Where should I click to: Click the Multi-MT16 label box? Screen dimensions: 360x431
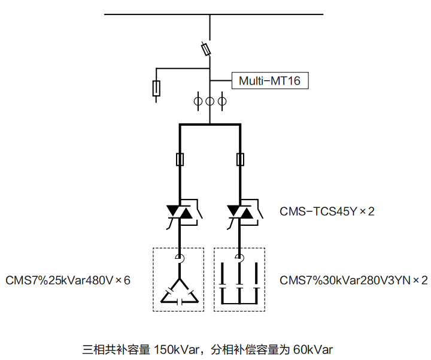[270, 80]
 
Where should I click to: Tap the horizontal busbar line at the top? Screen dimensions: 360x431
[214, 14]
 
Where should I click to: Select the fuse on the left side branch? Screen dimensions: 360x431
[157, 88]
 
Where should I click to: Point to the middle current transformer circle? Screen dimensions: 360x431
[210, 101]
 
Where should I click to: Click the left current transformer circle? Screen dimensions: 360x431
[198, 101]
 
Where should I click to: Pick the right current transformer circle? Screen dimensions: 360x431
[222, 101]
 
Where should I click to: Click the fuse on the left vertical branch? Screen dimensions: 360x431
[180, 159]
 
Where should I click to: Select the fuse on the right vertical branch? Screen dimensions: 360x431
[240, 159]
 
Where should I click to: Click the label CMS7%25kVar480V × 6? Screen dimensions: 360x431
[68, 280]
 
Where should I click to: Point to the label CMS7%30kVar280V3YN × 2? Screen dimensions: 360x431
[354, 280]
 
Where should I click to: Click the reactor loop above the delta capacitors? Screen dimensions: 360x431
[180, 258]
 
